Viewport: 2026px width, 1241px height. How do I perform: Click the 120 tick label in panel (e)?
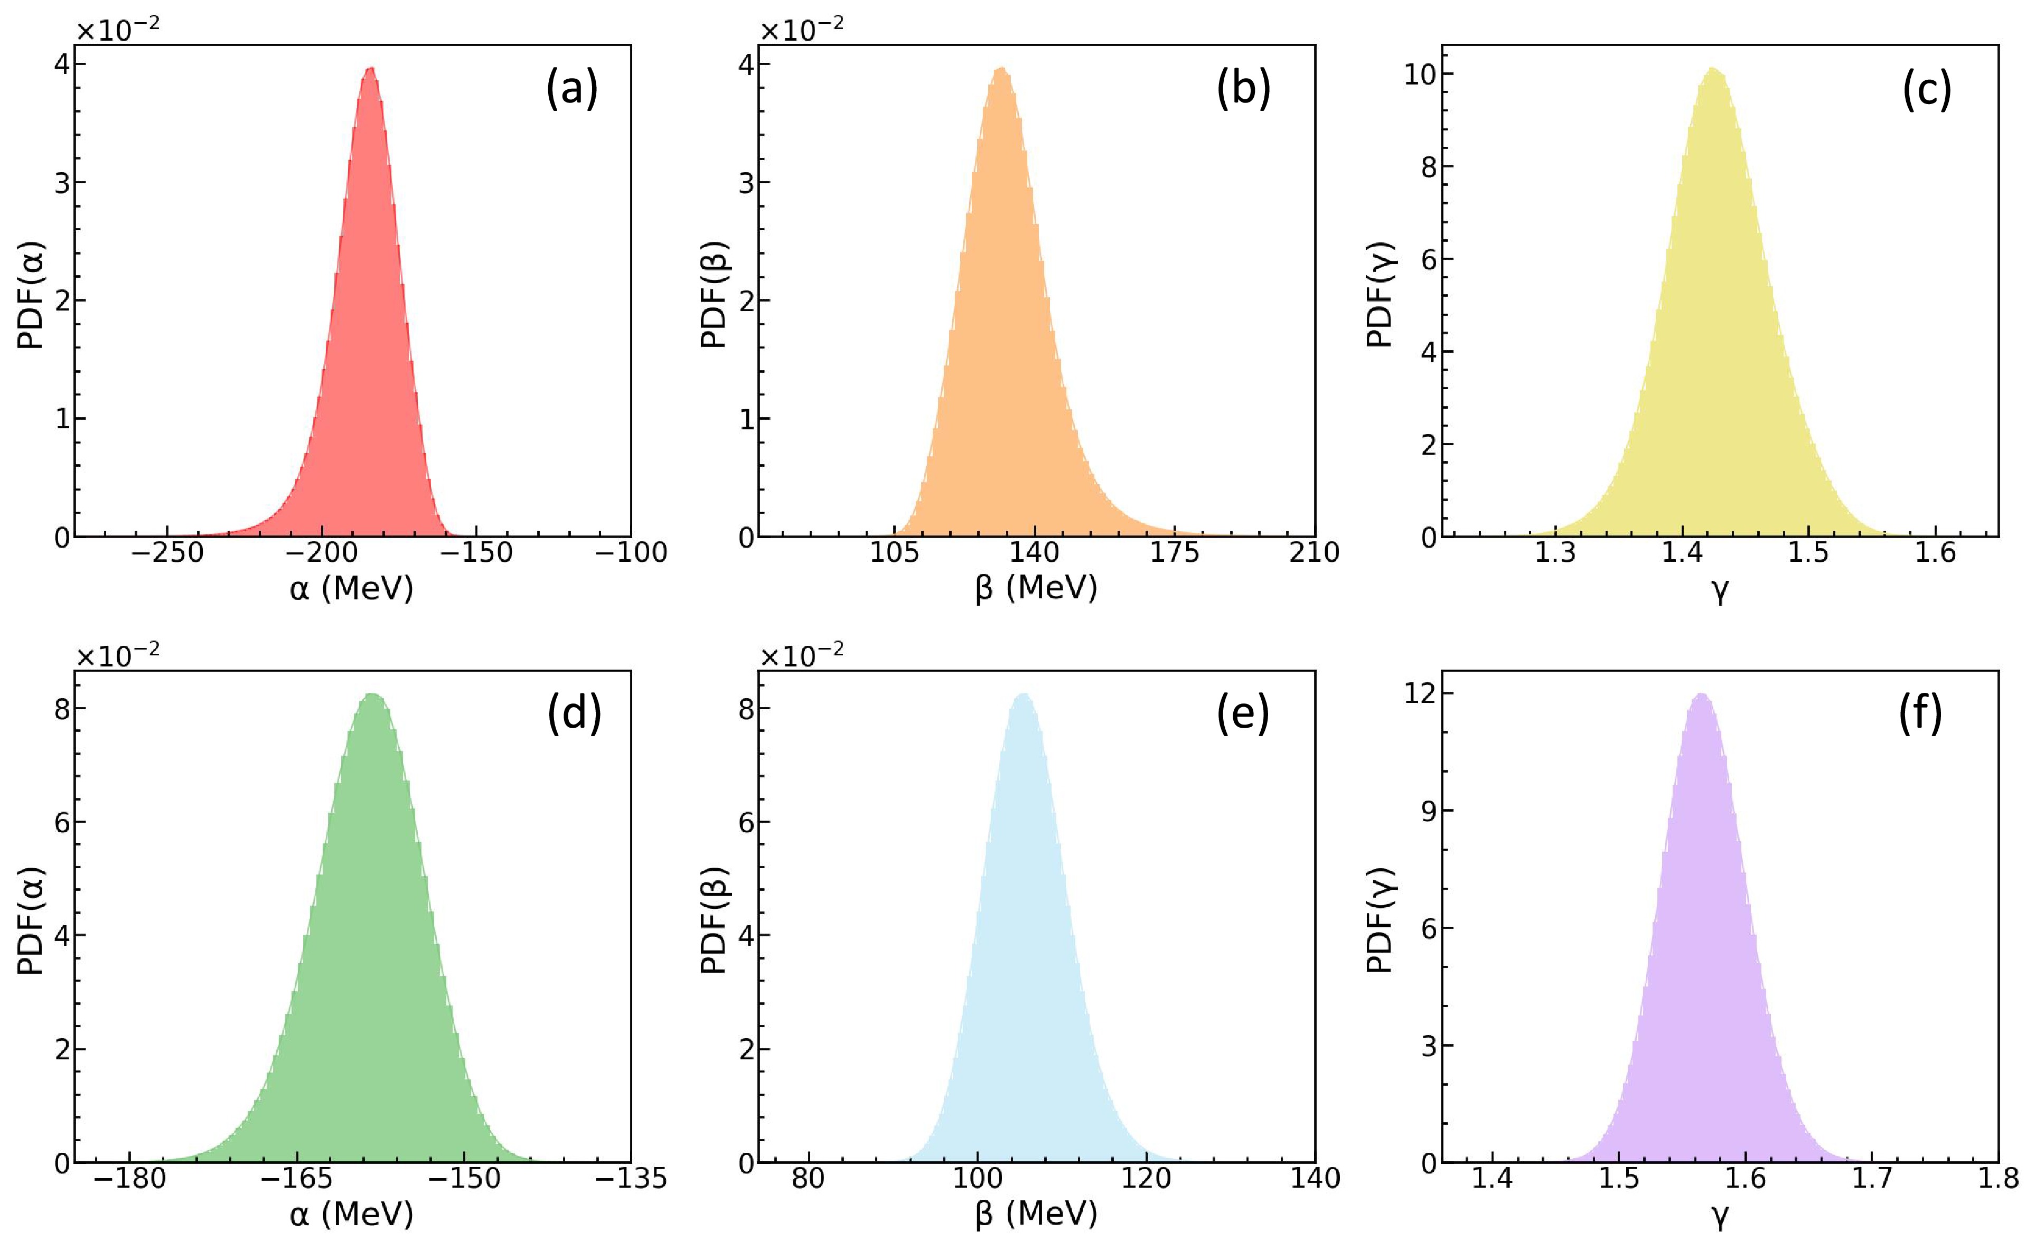[1146, 1179]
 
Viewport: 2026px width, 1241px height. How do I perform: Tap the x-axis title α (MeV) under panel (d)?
[351, 1215]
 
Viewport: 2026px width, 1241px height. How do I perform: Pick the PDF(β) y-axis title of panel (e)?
[714, 919]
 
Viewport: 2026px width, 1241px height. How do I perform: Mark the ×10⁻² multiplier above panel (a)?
[118, 30]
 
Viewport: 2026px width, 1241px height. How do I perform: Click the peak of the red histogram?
[371, 69]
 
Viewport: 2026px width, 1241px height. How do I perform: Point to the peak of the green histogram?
[372, 695]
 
